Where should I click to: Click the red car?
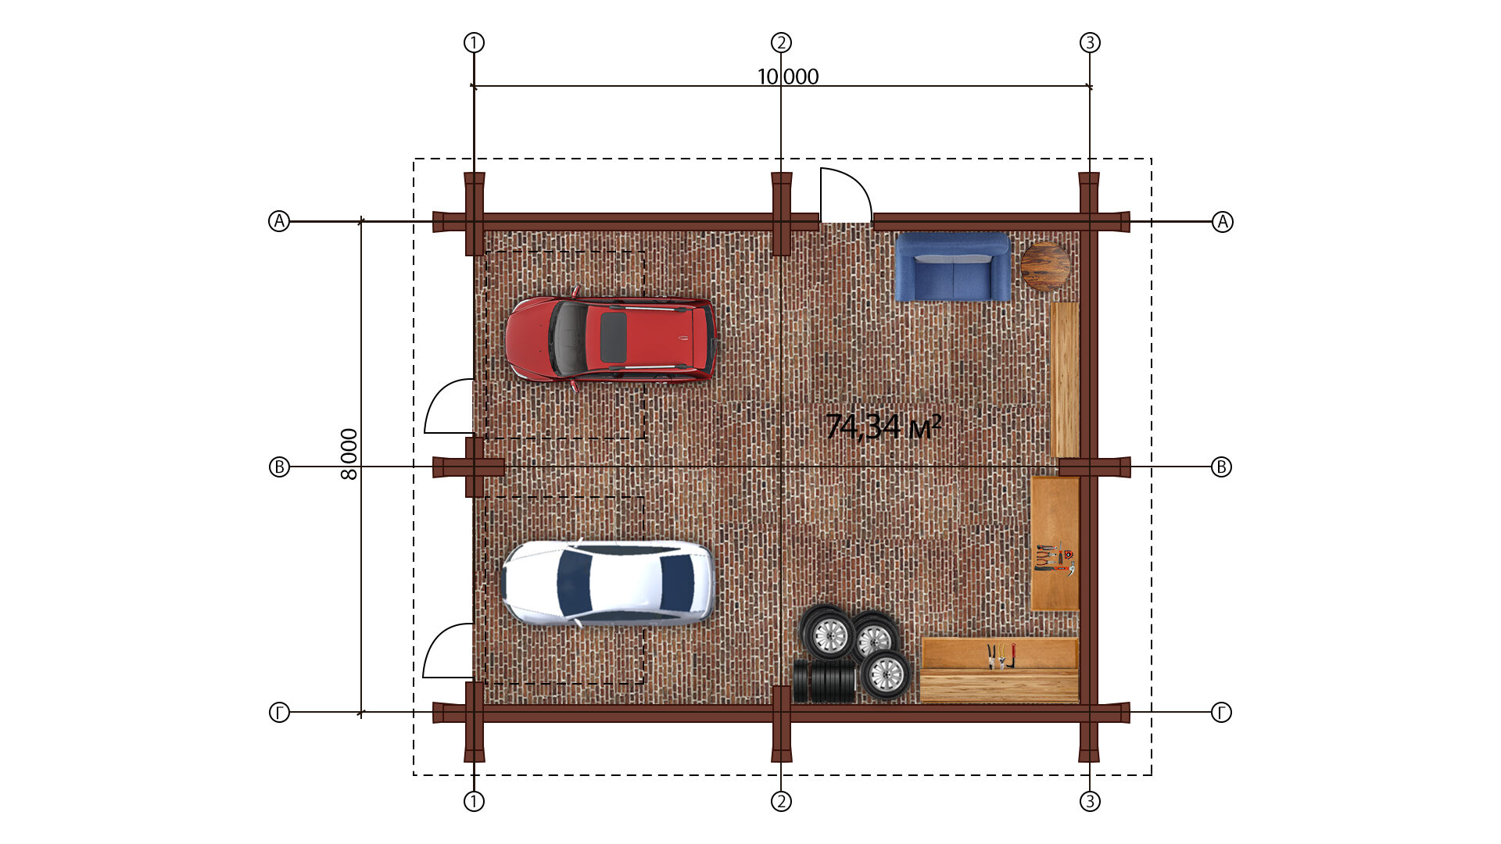(x=611, y=338)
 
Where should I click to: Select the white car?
(x=608, y=583)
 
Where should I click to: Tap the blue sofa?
(x=952, y=266)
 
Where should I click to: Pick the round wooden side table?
(x=1045, y=266)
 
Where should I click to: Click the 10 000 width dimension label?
(x=788, y=77)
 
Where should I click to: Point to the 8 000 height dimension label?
(x=349, y=454)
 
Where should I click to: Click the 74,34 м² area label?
(x=883, y=427)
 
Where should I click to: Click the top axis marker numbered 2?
(x=781, y=42)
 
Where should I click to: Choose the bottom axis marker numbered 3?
(x=1090, y=801)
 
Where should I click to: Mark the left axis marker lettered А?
(x=279, y=221)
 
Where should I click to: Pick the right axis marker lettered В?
(x=1221, y=467)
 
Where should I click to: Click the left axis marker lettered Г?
(x=279, y=712)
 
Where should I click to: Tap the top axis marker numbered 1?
(x=474, y=42)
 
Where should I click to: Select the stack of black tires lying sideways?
(x=825, y=681)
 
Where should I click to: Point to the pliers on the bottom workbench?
(x=1001, y=656)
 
